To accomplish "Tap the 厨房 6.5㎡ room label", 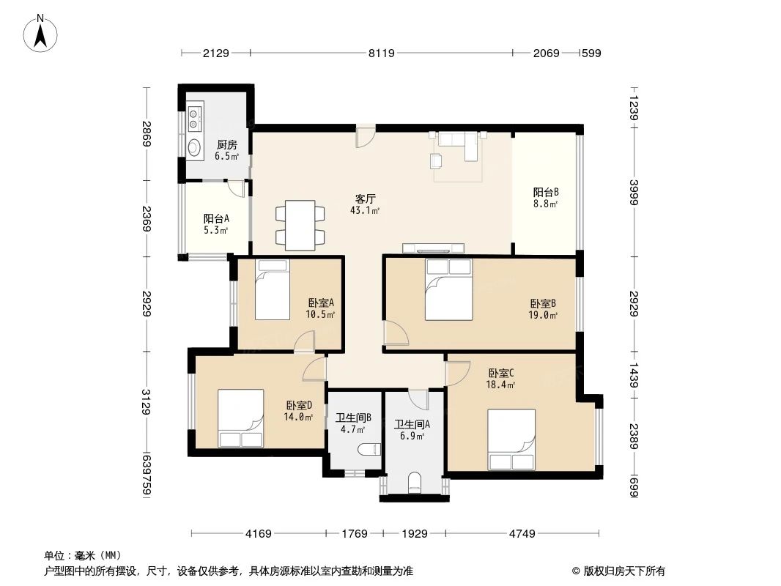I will pyautogui.click(x=226, y=150).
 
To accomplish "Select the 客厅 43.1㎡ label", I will pyautogui.click(x=366, y=204).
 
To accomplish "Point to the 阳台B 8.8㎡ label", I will pyautogui.click(x=545, y=199).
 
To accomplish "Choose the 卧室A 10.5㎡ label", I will pyautogui.click(x=321, y=308).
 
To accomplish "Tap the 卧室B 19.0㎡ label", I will pyautogui.click(x=543, y=308).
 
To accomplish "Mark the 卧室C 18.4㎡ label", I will pyautogui.click(x=502, y=377).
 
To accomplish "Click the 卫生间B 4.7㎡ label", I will pyautogui.click(x=353, y=424).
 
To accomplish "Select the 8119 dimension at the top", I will pyautogui.click(x=381, y=53).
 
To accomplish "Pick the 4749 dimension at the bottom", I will pyautogui.click(x=522, y=534).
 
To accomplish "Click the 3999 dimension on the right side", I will pyautogui.click(x=634, y=193).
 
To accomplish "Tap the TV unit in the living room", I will pyautogui.click(x=433, y=248).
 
